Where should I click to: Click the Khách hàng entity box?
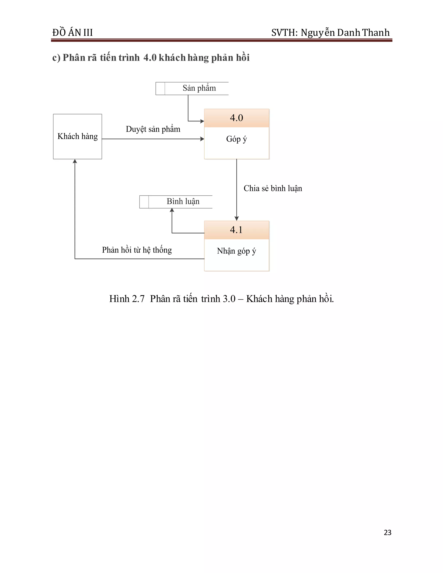pos(77,136)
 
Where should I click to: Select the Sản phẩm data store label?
pos(199,88)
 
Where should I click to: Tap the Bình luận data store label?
pos(183,202)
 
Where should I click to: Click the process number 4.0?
pos(236,118)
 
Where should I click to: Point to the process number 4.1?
pos(236,230)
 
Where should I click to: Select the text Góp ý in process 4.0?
pos(236,139)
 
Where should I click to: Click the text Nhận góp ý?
pos(236,251)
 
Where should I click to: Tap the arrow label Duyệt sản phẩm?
pos(153,129)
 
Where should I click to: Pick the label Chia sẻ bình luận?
pos(273,188)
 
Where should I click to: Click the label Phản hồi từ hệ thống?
pos(137,250)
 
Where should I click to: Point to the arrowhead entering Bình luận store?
pos(172,210)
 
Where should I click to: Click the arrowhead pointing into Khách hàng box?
pos(75,161)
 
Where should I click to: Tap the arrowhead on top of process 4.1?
pos(236,219)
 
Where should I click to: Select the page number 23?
pos(387,532)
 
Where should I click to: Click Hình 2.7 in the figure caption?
pos(127,299)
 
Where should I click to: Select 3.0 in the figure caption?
pos(229,299)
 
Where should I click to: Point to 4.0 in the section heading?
pos(150,58)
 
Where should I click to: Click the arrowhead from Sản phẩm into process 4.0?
pos(202,121)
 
